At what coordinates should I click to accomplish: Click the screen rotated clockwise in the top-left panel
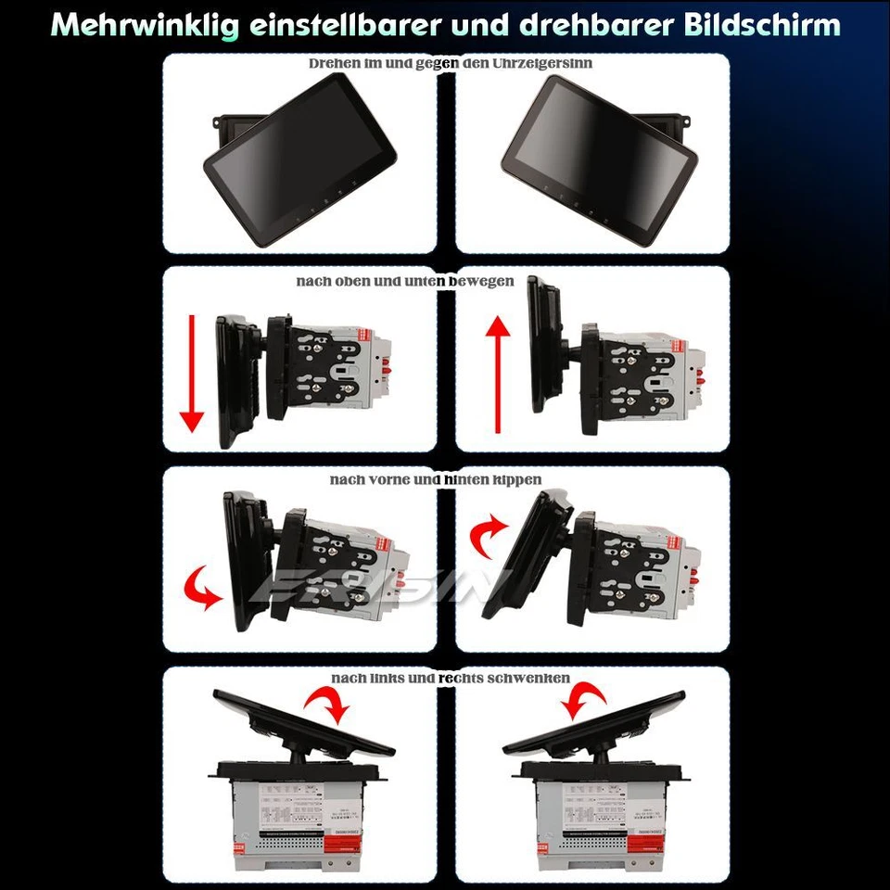pyautogui.click(x=299, y=159)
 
